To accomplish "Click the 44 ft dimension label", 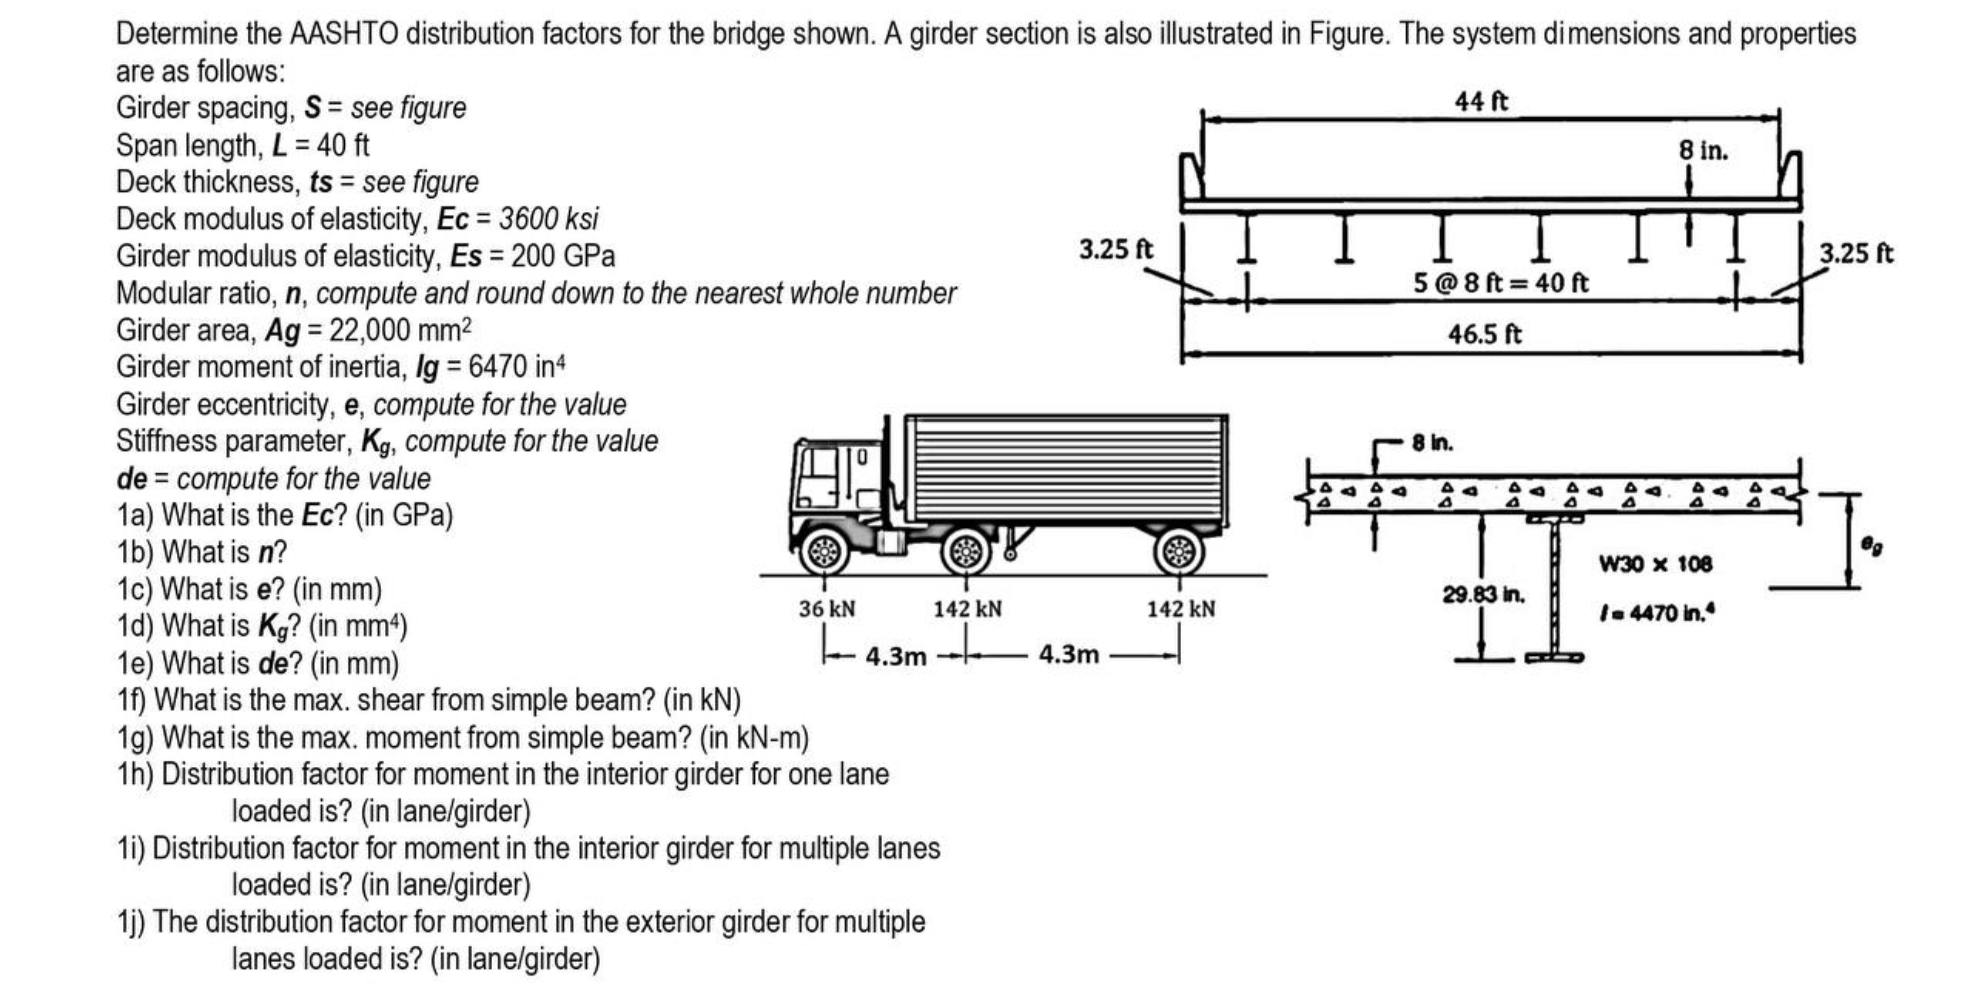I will point(1480,101).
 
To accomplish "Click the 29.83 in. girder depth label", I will point(1483,595).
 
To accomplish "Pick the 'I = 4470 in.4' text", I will point(1655,613).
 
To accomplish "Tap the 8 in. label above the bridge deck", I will point(1703,151).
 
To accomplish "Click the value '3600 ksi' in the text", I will point(548,219).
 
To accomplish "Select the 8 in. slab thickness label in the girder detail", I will point(1432,443).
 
